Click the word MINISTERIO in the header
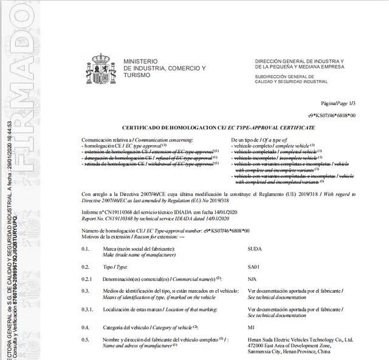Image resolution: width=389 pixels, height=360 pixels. [x=140, y=61]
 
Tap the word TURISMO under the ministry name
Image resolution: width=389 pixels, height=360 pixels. [x=136, y=75]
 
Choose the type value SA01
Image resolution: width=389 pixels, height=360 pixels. [x=255, y=266]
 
